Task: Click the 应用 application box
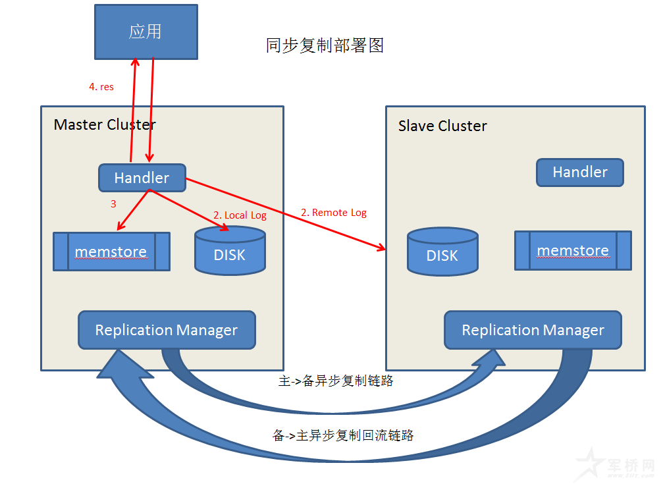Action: pos(146,32)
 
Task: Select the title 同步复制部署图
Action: pos(325,45)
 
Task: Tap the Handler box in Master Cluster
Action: pos(142,178)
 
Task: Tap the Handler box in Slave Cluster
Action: pos(579,173)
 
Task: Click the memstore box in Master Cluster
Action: pos(111,252)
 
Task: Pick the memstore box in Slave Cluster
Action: pos(573,251)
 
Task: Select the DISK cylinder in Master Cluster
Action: pos(230,251)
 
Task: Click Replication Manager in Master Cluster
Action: pos(167,330)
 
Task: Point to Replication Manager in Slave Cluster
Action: pos(533,330)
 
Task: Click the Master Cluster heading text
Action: pos(105,124)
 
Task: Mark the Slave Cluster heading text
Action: pos(442,126)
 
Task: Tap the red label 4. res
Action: pos(101,87)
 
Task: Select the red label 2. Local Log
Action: pos(240,215)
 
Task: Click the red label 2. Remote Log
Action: pos(333,213)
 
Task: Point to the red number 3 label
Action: pos(113,204)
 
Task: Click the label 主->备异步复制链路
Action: pos(336,381)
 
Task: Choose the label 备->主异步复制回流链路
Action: pos(342,435)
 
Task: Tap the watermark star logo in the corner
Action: pos(589,464)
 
